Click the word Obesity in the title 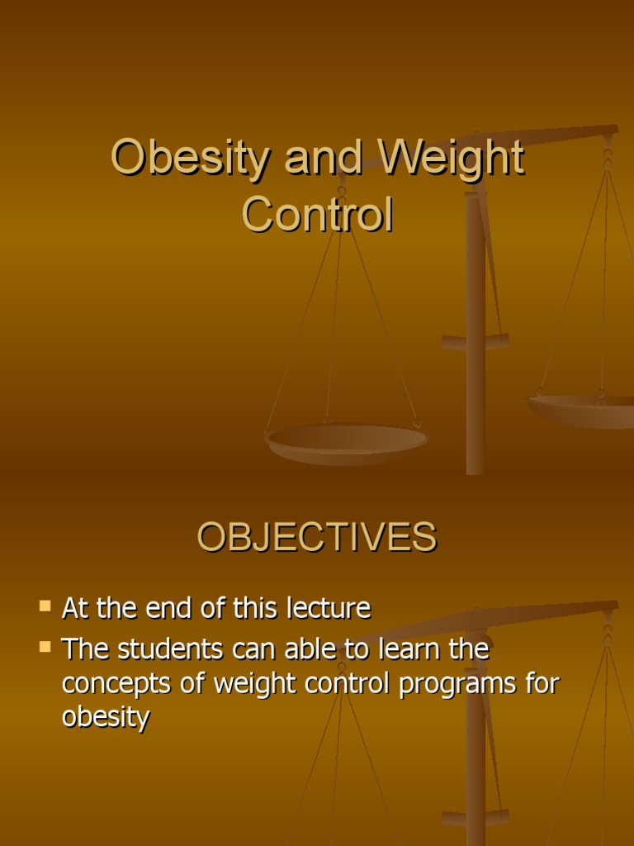tap(189, 158)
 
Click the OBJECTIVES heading tap(316, 538)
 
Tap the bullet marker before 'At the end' tap(45, 607)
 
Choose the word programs tap(457, 685)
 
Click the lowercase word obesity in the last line tap(106, 717)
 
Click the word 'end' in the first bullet tap(164, 609)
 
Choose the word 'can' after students tap(249, 649)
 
